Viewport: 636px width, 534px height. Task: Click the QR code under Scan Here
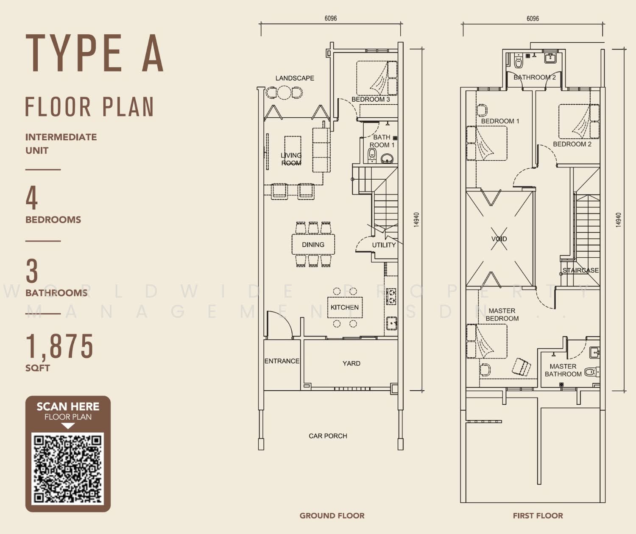pyautogui.click(x=67, y=468)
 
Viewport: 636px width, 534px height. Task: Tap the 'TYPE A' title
pyautogui.click(x=95, y=53)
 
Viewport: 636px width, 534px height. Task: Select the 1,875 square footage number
pyautogui.click(x=59, y=346)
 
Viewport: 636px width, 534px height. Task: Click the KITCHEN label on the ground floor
pyautogui.click(x=344, y=307)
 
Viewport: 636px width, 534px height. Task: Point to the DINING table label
pyautogui.click(x=313, y=245)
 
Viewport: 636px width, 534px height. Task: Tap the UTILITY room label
pyautogui.click(x=384, y=245)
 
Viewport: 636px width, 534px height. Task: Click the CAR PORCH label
pyautogui.click(x=328, y=436)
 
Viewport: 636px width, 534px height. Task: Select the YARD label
pyautogui.click(x=351, y=363)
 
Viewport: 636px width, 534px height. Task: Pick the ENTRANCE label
pyautogui.click(x=282, y=361)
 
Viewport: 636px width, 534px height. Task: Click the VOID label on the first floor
pyautogui.click(x=499, y=239)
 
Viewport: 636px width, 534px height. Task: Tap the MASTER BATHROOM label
pyautogui.click(x=563, y=370)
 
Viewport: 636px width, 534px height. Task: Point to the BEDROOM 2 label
pyautogui.click(x=572, y=144)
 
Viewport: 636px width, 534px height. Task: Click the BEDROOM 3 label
pyautogui.click(x=371, y=99)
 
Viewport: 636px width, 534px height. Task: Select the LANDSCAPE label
pyautogui.click(x=295, y=78)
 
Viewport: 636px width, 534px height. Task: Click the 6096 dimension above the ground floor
pyautogui.click(x=330, y=19)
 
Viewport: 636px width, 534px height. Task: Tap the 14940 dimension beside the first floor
pyautogui.click(x=618, y=220)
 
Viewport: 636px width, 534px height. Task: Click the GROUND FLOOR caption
pyautogui.click(x=332, y=516)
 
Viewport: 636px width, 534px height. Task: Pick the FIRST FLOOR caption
pyautogui.click(x=538, y=516)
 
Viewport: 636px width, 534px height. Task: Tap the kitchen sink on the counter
pyautogui.click(x=392, y=323)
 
